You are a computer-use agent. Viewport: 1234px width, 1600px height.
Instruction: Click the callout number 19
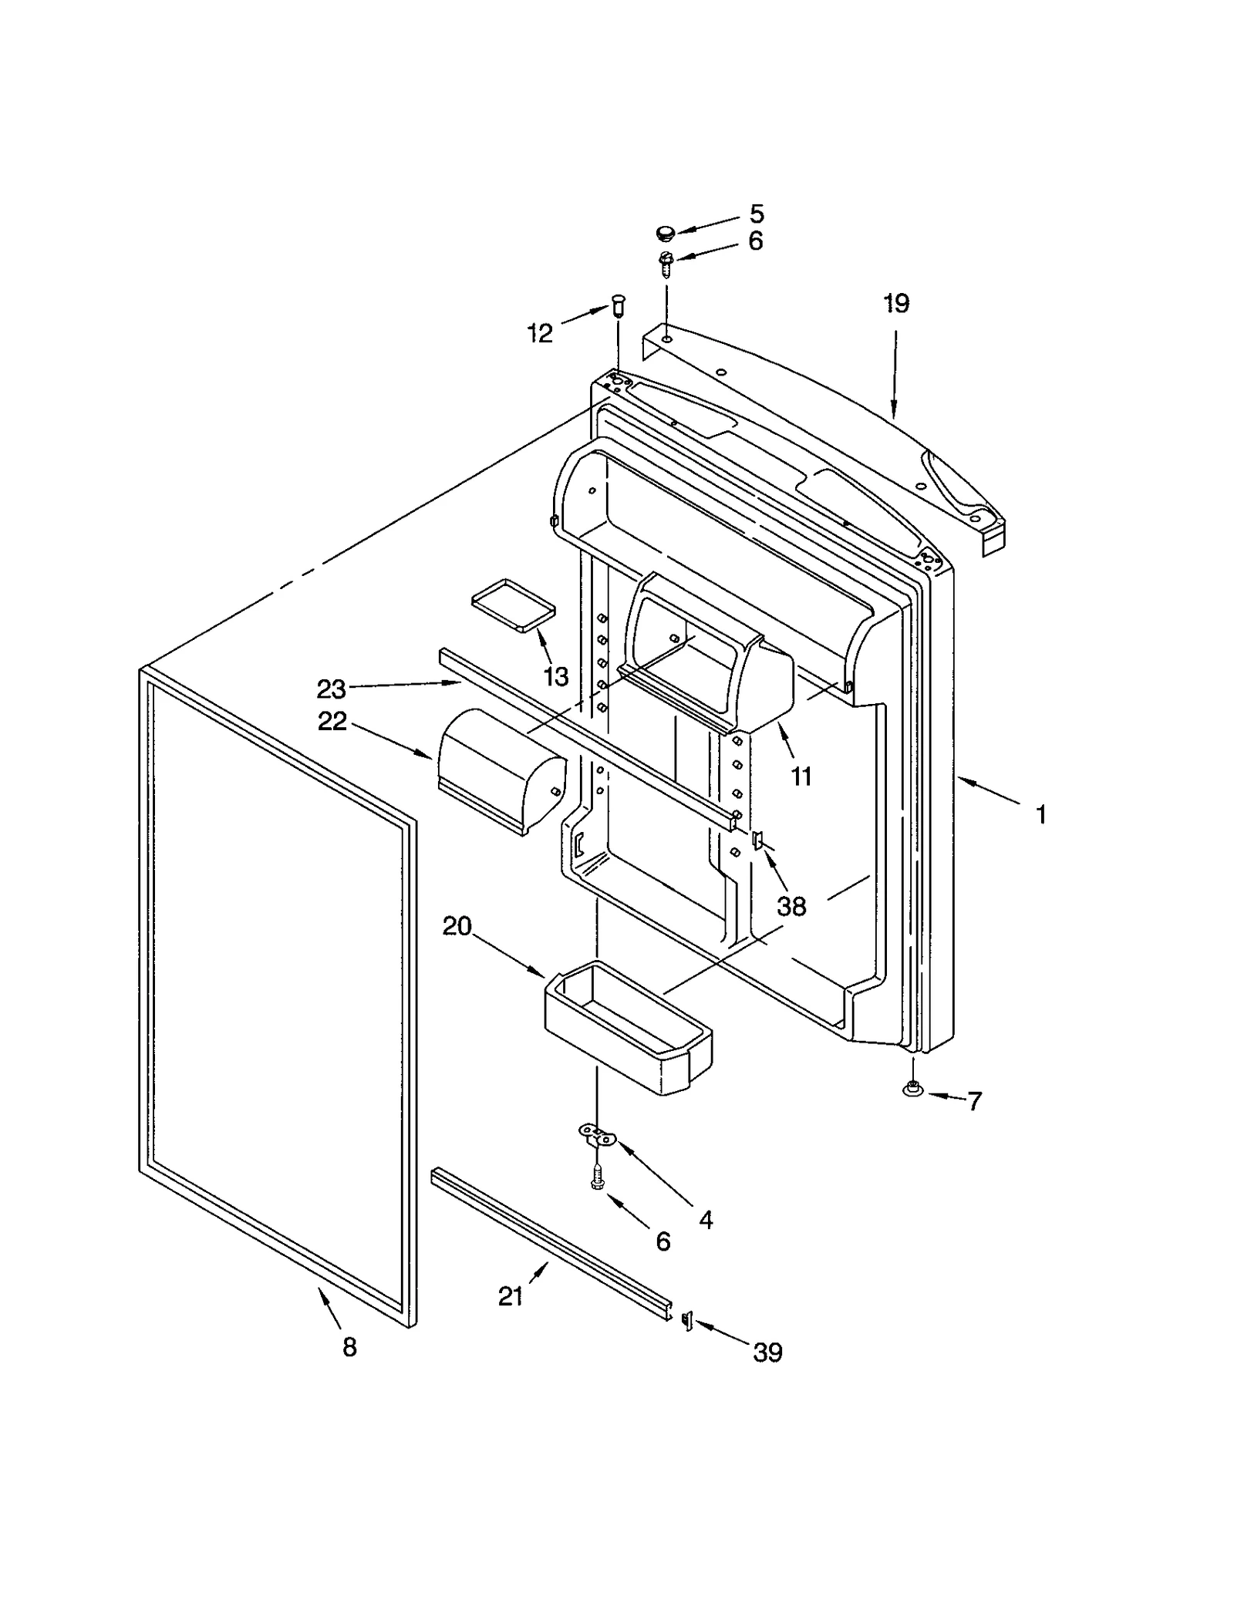[896, 303]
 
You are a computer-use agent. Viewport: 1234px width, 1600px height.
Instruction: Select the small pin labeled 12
[619, 306]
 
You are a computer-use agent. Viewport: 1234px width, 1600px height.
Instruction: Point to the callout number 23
[332, 689]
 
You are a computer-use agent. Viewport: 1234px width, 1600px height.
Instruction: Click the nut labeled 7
[912, 1090]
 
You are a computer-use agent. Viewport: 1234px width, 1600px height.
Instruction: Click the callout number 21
[511, 1297]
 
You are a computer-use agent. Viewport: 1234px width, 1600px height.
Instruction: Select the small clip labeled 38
[757, 839]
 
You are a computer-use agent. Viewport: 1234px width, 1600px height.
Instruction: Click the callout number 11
[801, 776]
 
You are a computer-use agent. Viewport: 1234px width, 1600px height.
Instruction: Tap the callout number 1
[1040, 814]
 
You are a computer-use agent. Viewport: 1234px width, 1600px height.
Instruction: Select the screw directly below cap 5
[666, 264]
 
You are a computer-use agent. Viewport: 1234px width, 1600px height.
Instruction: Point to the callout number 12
[540, 333]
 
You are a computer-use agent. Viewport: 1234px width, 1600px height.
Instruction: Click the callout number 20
[457, 926]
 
